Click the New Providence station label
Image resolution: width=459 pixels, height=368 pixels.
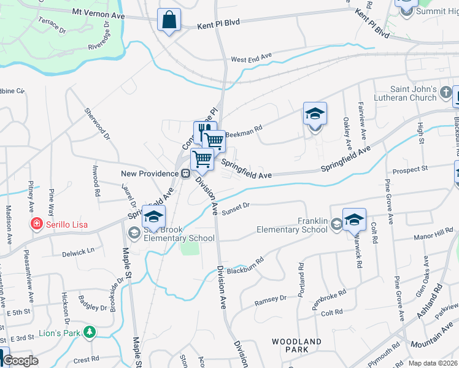pos(149,174)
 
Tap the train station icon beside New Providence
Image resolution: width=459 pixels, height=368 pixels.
pos(184,174)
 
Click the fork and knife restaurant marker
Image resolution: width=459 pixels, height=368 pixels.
pos(205,131)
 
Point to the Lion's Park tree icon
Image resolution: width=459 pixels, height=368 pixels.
pos(90,332)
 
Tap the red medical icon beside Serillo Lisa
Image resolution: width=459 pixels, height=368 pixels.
pos(37,224)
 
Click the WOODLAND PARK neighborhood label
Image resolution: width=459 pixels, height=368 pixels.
pos(297,345)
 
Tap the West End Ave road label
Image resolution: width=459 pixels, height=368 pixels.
pos(251,58)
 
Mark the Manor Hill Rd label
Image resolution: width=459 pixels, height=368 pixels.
pos(433,234)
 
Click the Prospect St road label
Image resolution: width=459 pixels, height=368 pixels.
pos(410,168)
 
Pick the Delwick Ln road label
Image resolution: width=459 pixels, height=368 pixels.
pos(78,251)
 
